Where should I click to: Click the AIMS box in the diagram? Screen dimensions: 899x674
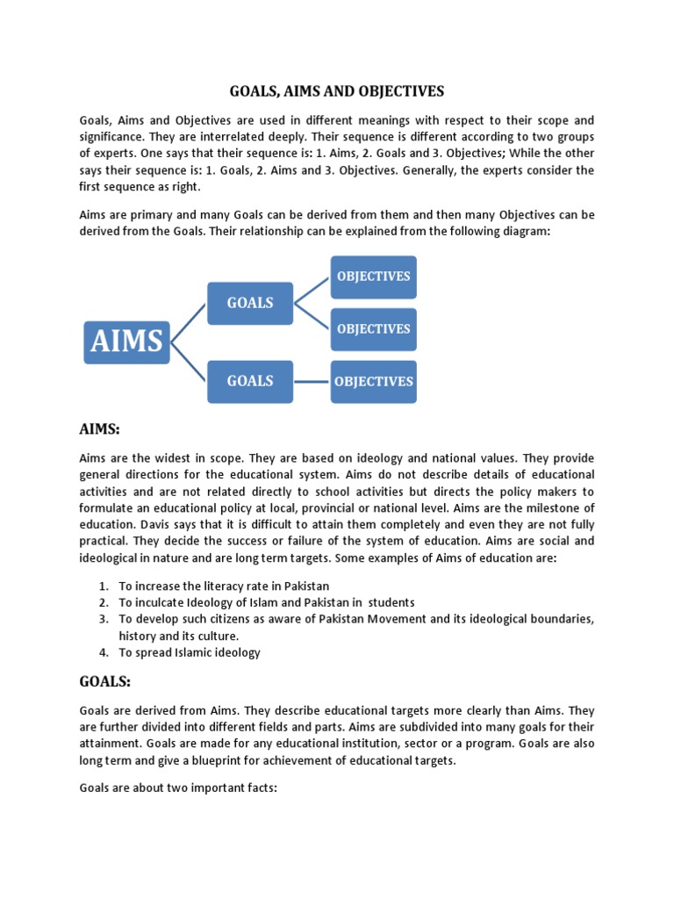coord(126,342)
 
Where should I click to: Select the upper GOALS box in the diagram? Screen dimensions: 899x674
coord(250,303)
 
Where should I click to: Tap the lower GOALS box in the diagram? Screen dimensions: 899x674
coord(250,381)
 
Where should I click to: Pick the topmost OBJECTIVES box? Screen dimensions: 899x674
coord(373,277)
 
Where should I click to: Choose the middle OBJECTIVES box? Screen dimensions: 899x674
coord(373,329)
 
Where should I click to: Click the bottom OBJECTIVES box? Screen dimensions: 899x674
coord(373,382)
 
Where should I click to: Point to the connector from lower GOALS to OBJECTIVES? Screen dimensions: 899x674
coord(312,382)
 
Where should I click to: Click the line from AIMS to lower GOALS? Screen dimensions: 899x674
coord(189,361)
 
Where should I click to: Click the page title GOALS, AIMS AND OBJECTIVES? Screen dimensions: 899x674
coord(337,91)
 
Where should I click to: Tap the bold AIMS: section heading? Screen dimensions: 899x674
coord(99,428)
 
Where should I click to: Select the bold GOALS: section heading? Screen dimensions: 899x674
coord(105,680)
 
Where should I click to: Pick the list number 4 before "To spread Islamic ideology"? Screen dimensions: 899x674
coord(103,652)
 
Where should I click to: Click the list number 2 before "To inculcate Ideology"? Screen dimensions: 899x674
coord(103,602)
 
